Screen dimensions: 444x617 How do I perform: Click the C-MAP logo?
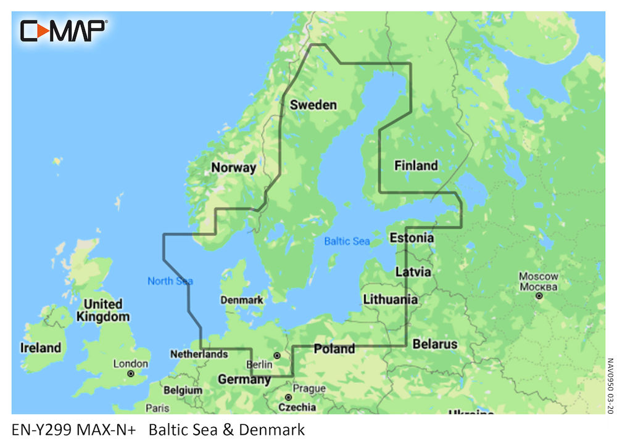click(64, 30)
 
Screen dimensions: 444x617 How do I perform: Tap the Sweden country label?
click(313, 105)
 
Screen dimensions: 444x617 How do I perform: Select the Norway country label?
click(233, 167)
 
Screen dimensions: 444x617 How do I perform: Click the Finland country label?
click(416, 165)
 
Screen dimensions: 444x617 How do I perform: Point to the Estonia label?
click(411, 237)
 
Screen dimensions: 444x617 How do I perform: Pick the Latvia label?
click(413, 271)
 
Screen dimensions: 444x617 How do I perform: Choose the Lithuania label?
click(390, 300)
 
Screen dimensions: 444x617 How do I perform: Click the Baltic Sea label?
click(347, 241)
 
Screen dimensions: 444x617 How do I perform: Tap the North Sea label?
click(170, 281)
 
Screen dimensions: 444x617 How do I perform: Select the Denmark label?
click(242, 300)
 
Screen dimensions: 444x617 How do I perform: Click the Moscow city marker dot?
click(539, 296)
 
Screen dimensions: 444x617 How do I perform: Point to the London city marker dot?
click(131, 374)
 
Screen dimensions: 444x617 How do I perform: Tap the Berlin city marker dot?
click(277, 355)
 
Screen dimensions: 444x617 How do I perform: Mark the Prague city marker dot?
click(288, 397)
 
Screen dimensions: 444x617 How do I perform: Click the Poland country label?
click(334, 349)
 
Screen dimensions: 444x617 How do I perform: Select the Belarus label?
click(435, 343)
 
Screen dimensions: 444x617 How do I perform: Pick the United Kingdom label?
click(103, 310)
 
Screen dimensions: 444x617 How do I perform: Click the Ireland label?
click(41, 348)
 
